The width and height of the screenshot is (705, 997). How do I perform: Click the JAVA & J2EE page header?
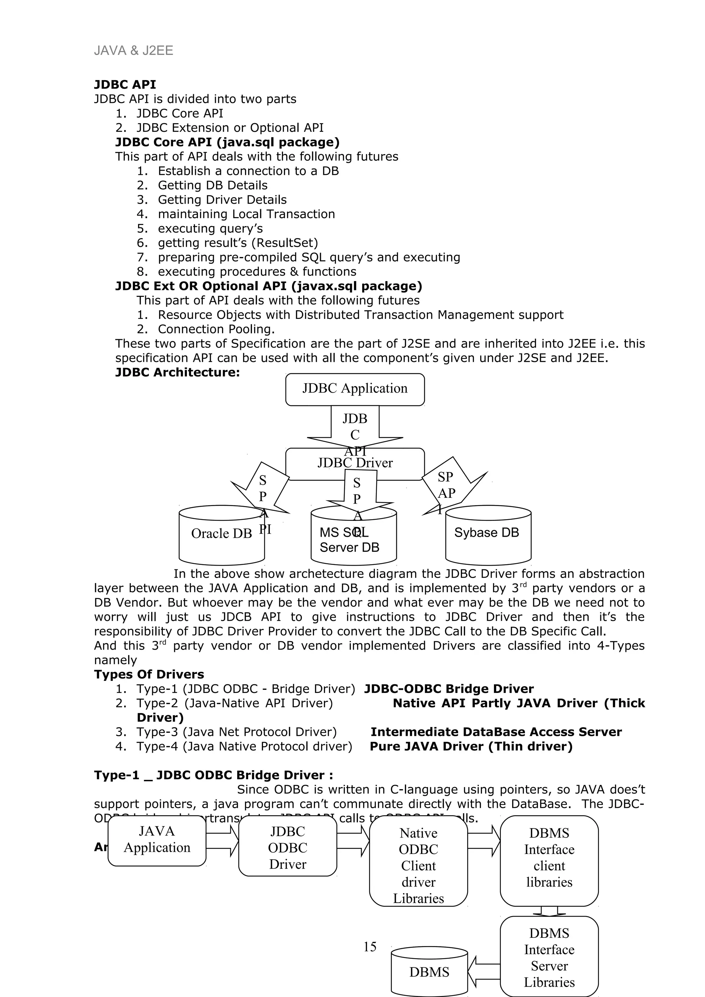coord(133,51)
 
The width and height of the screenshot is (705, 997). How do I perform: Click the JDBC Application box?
coord(355,389)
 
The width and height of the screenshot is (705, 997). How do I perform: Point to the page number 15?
coord(370,947)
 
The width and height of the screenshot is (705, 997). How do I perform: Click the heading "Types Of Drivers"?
coord(149,674)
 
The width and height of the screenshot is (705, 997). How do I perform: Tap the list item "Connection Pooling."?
coord(216,329)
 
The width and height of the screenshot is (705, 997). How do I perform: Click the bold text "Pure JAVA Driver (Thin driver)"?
coord(471,747)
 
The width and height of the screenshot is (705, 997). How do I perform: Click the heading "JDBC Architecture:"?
coord(177,373)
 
